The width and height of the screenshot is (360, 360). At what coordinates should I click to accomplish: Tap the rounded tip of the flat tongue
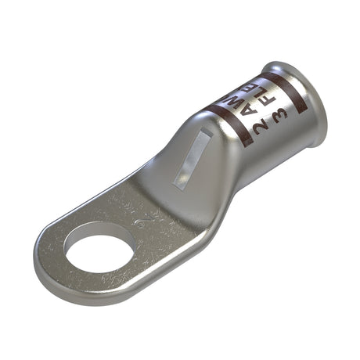click(43, 258)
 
